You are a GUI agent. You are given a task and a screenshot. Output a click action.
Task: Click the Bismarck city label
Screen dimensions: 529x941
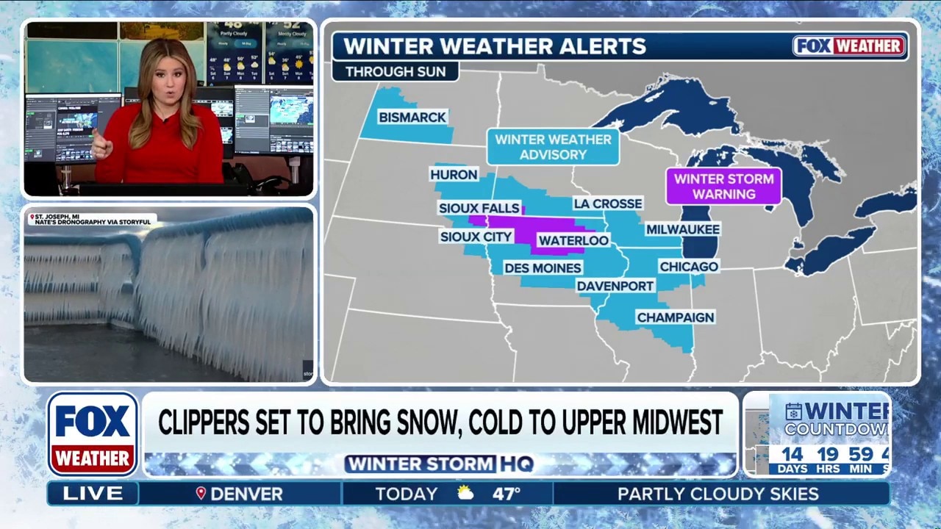tap(412, 118)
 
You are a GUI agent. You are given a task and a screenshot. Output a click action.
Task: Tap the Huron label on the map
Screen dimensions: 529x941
tap(454, 175)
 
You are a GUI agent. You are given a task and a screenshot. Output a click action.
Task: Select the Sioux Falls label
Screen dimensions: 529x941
tap(479, 208)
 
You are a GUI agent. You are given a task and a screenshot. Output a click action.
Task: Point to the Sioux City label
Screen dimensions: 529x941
tap(476, 237)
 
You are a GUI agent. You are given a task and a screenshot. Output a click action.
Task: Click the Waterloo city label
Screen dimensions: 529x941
tap(573, 240)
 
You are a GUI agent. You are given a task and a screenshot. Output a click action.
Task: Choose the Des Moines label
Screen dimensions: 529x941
tap(543, 268)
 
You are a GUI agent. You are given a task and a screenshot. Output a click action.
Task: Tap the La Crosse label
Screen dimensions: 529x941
tap(608, 204)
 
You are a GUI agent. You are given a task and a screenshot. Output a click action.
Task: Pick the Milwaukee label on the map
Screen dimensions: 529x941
tap(682, 229)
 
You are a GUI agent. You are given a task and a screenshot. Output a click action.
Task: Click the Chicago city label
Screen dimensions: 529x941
tap(689, 266)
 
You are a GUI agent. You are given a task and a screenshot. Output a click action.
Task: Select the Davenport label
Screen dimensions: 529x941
tap(615, 286)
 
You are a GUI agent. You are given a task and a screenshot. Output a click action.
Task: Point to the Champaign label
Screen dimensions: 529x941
tap(676, 317)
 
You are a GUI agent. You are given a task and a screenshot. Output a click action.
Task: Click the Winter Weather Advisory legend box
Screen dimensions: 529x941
tap(553, 147)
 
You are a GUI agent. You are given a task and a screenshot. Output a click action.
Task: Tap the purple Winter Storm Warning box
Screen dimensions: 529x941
tap(723, 187)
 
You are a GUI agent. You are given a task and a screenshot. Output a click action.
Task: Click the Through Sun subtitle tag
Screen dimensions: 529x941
tap(395, 72)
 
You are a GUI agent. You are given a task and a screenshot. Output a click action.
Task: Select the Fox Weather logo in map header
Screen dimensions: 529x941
tap(849, 46)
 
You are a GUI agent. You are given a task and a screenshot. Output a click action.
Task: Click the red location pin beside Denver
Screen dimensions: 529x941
tap(201, 494)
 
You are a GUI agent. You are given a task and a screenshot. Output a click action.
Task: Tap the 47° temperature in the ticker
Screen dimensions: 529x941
tap(507, 494)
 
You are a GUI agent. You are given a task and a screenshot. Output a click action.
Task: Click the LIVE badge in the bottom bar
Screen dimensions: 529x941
tap(93, 494)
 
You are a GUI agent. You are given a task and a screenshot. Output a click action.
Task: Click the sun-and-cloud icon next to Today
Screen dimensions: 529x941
tap(465, 494)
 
